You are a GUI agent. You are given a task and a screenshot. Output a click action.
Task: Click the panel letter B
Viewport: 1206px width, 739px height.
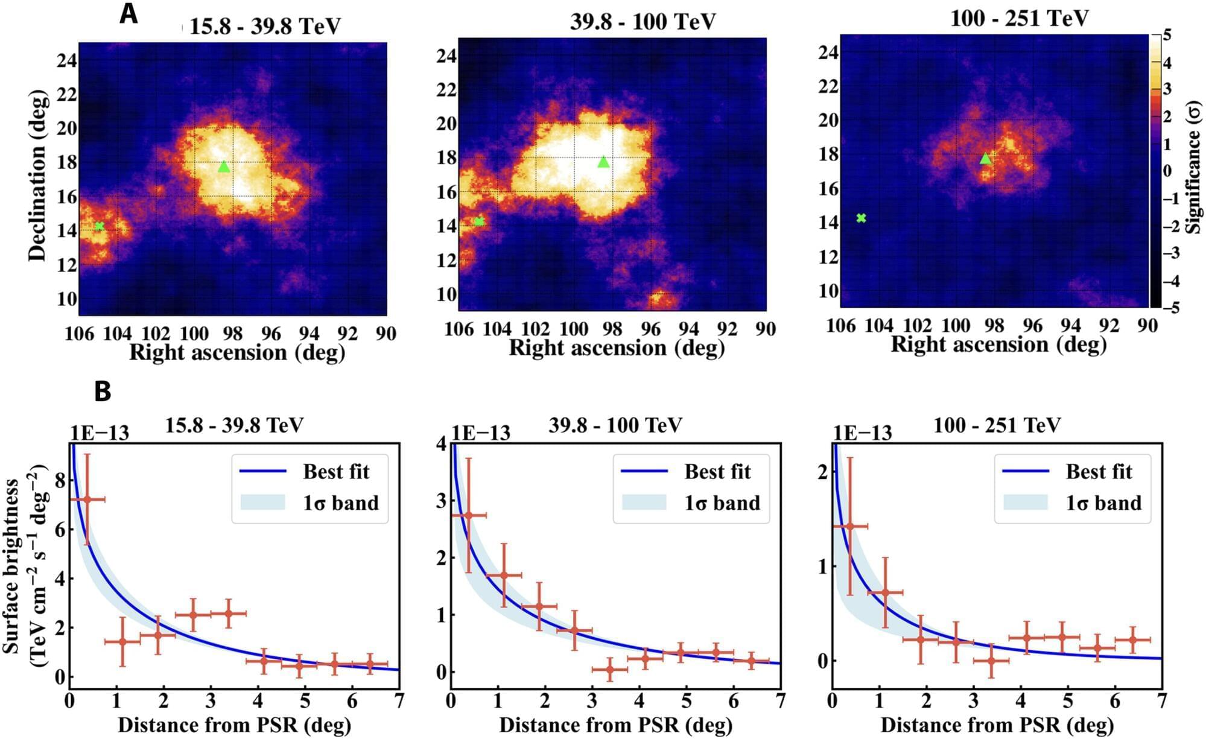[x=103, y=392]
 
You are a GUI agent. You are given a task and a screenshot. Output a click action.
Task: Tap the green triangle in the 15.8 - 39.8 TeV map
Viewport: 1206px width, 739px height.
[x=224, y=167]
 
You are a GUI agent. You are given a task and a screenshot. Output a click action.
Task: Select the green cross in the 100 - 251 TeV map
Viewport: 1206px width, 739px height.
[x=861, y=218]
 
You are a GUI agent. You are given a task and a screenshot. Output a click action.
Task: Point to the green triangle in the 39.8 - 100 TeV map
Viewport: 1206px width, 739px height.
[x=603, y=162]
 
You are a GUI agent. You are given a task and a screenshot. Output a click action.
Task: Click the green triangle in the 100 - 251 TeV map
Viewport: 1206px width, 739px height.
[x=985, y=159]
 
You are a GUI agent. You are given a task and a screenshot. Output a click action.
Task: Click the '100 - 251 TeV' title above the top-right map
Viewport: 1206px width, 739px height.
[x=1019, y=18]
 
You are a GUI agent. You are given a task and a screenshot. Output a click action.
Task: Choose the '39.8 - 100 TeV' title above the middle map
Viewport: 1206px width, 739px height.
[x=643, y=22]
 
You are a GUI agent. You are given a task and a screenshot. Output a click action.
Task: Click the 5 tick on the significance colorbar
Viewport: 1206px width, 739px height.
[x=1167, y=35]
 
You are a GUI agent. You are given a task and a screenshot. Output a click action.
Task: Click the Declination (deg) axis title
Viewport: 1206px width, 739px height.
[x=37, y=176]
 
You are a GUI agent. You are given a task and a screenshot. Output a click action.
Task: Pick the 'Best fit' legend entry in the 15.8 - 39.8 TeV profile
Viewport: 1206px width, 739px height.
[x=335, y=472]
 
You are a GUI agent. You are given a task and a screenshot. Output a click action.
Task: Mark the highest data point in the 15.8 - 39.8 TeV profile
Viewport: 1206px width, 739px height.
[x=87, y=500]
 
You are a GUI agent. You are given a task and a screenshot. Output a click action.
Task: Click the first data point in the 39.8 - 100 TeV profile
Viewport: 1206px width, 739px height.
[x=468, y=515]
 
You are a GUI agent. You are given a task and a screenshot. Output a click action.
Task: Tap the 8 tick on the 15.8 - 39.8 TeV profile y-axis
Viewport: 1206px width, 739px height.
[x=60, y=481]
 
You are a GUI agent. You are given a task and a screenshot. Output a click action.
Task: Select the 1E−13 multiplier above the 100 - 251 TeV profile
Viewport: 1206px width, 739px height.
[x=862, y=433]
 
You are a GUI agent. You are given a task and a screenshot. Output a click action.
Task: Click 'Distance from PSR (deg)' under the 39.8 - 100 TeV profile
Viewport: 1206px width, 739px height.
[x=615, y=725]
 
